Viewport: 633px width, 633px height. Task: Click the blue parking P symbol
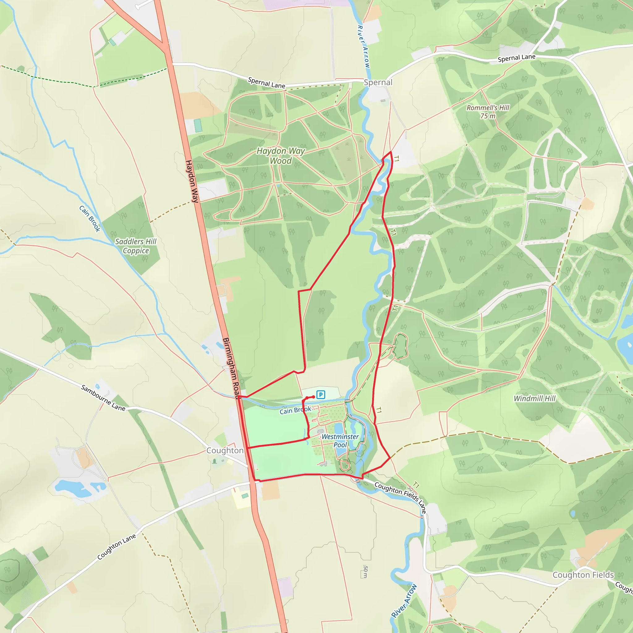[x=321, y=394]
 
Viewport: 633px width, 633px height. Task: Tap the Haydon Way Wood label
[x=280, y=156]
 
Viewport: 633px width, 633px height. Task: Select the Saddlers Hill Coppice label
[x=136, y=246]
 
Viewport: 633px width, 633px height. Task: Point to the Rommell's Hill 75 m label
[x=488, y=112]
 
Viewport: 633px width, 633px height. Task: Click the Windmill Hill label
[x=535, y=398]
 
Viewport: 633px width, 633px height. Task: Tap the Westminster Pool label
[x=340, y=441]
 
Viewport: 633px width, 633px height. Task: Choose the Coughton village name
[x=225, y=451]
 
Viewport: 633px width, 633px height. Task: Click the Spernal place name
[x=378, y=82]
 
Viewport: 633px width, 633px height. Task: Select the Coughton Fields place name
[x=583, y=575]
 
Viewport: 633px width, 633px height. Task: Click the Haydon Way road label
[x=192, y=181]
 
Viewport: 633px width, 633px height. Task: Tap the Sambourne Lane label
[x=103, y=398]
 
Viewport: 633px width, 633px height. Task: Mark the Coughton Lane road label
[x=117, y=546]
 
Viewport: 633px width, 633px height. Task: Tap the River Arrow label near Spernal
[x=363, y=47]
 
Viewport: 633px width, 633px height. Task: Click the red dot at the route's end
[x=313, y=397]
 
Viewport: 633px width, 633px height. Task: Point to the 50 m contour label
[x=366, y=572]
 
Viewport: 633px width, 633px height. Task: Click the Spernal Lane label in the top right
[x=516, y=58]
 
